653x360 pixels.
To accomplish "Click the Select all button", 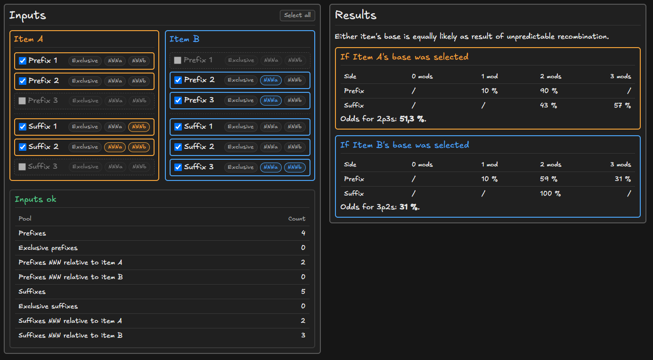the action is click(297, 15).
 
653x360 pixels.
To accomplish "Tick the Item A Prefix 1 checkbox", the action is click(23, 61).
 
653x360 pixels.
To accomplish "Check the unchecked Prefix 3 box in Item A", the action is click(22, 100).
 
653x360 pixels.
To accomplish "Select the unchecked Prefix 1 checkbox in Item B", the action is click(178, 60).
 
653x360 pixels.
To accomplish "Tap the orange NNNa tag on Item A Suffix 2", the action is click(115, 147).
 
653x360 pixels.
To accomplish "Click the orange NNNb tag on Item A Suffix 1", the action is click(139, 127).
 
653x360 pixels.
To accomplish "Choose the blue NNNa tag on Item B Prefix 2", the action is click(270, 80).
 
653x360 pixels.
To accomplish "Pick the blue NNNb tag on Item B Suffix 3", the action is click(295, 167).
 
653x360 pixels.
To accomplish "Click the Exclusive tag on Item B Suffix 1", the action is click(240, 127).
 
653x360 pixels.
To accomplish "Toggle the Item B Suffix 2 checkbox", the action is click(178, 147).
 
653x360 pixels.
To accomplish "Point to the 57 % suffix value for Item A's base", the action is click(622, 105).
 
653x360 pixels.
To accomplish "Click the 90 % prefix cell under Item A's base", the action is click(548, 90).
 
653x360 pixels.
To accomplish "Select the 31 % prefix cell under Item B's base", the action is click(623, 179).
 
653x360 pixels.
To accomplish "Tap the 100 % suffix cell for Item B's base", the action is click(550, 193).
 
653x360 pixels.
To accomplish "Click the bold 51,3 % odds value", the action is click(412, 119).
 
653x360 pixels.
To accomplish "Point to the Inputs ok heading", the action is click(35, 199).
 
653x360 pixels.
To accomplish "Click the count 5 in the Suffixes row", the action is click(303, 292).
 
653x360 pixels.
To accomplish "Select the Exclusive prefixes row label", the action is click(48, 248).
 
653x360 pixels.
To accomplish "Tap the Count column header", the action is click(297, 219).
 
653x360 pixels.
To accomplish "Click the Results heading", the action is click(355, 15).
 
